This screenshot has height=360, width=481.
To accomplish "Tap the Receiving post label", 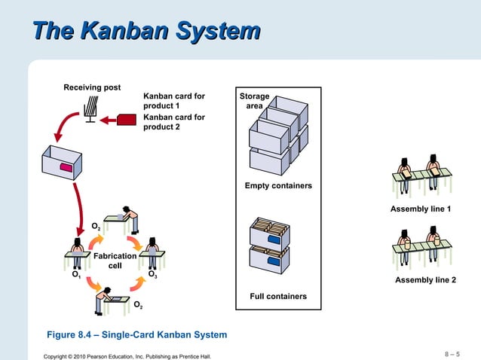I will click(x=92, y=88).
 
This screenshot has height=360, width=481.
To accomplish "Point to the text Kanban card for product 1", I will click(x=174, y=101).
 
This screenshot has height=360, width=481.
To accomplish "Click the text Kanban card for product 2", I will click(x=174, y=122).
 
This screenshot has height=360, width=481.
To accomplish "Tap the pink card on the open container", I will click(x=67, y=167).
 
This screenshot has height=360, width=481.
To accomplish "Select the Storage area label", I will click(x=255, y=101).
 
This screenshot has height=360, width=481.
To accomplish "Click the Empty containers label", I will click(x=278, y=186).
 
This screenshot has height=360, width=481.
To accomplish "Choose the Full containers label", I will click(x=278, y=296).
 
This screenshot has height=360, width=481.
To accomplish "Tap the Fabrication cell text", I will click(x=115, y=261).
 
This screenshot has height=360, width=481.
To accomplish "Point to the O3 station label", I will click(x=152, y=276).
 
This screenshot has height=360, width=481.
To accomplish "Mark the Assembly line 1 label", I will click(x=421, y=209).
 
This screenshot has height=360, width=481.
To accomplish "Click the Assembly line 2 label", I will click(x=426, y=280).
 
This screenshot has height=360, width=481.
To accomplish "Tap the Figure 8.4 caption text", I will click(x=137, y=334).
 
